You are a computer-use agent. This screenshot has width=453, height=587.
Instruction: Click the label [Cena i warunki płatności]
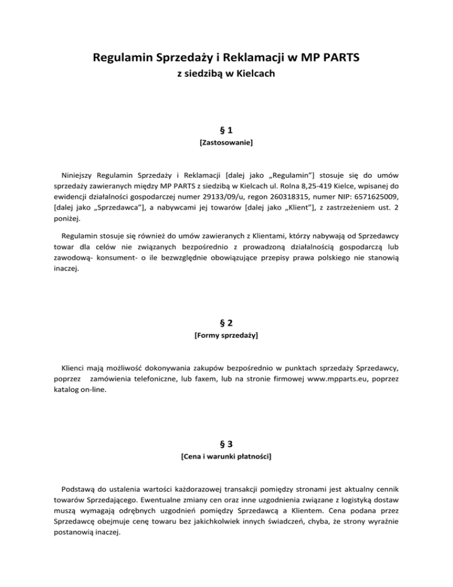226,456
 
